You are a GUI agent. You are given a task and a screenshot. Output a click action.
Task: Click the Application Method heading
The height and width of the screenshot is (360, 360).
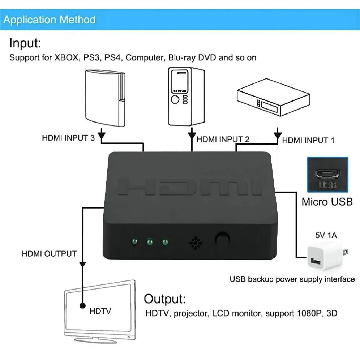[x=50, y=20]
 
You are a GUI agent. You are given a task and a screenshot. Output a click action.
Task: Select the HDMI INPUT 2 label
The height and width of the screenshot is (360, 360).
[x=223, y=139]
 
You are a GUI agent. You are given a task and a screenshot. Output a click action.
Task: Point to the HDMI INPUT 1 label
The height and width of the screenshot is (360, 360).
[x=308, y=140]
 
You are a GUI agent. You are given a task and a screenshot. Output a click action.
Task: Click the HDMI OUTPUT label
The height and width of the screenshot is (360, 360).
[x=49, y=254]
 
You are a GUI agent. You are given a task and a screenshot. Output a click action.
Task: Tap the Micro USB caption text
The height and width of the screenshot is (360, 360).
[x=327, y=201]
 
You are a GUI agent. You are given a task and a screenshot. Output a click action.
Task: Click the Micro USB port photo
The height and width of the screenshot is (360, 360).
[x=327, y=175]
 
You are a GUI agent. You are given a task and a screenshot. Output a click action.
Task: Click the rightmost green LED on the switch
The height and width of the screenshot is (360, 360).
[x=165, y=242]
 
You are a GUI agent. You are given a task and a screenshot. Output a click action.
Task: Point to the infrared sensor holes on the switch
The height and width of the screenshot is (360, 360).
[x=195, y=243]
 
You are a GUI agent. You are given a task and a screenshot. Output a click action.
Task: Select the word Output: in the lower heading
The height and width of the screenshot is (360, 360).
[x=165, y=299]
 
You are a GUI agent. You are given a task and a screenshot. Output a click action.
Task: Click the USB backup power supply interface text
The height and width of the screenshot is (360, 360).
[x=292, y=279]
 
